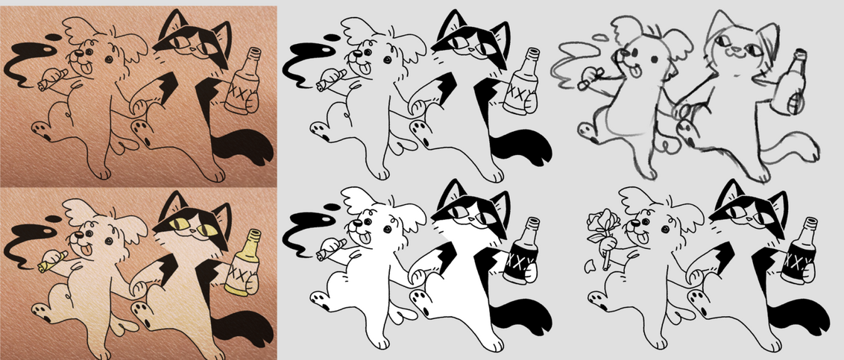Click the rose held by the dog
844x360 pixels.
click(x=599, y=231)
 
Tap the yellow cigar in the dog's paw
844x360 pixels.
click(x=51, y=260)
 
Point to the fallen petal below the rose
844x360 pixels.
click(x=590, y=266)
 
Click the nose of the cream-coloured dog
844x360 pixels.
click(x=78, y=235)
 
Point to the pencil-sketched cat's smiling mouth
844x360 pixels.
click(x=730, y=53)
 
